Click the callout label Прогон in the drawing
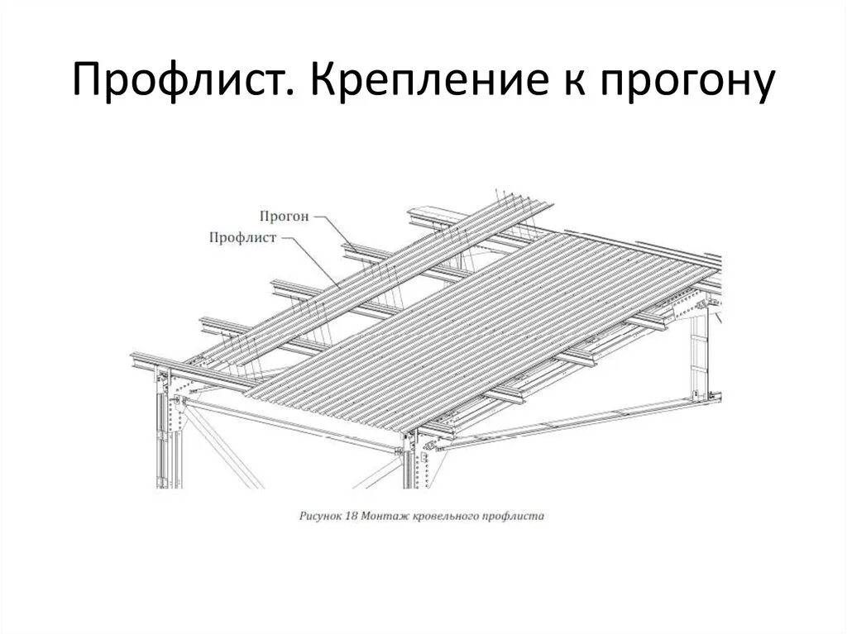click(284, 217)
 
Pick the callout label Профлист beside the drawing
click(242, 237)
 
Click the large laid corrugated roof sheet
click(488, 322)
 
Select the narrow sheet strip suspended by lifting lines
click(347, 281)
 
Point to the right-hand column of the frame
click(700, 355)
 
